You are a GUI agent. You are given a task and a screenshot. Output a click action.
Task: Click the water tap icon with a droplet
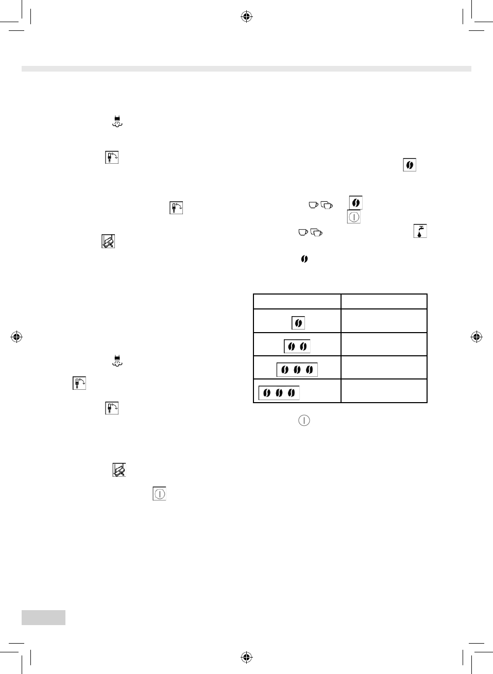coord(420,231)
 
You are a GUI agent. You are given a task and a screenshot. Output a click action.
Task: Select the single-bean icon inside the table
coord(298,323)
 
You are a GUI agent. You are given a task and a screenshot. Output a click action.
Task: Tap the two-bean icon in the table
coord(297,347)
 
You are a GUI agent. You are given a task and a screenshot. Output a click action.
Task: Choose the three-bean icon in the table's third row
coord(297,370)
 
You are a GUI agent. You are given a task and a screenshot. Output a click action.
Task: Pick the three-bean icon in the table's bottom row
coord(279,393)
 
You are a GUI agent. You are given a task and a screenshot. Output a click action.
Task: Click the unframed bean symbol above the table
coord(304,259)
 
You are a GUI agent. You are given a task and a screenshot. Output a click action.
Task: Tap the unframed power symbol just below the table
coord(304,420)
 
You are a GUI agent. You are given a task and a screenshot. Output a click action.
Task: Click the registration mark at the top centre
coord(246,17)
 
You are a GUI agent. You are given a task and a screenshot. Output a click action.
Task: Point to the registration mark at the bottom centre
coord(246,657)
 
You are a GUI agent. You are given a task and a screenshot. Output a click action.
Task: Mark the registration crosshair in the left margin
coord(16,337)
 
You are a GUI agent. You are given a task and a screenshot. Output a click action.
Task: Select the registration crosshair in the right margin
coord(477,337)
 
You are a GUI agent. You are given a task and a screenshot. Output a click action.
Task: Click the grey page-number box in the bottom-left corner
coord(43,617)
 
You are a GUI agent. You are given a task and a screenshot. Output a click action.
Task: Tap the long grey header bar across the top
coord(246,69)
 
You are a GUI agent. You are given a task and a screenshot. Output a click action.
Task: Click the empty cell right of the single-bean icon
coord(384,321)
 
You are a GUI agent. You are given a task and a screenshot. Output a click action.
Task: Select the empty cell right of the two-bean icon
coord(384,344)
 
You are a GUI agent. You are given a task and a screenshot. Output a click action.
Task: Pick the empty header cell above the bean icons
coord(297,301)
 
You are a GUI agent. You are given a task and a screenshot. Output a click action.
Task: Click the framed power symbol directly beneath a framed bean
coord(354,217)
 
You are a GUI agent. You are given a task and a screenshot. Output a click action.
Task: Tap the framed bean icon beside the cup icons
coord(355,202)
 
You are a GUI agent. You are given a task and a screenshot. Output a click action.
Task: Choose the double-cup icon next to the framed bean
coord(327,205)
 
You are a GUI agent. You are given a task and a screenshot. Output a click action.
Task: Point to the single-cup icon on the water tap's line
coord(303,232)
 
